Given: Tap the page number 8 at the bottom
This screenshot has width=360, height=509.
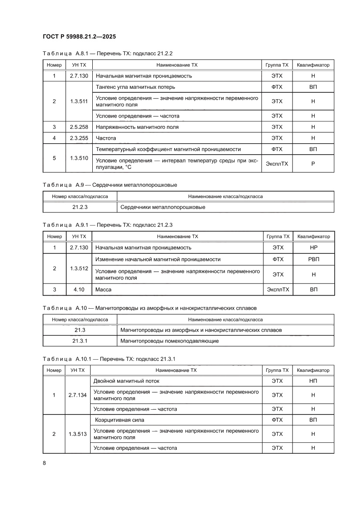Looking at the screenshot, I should [x=44, y=463].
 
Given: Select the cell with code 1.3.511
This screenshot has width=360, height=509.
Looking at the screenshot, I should [x=78, y=101].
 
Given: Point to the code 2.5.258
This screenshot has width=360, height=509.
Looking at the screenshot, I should [x=78, y=127].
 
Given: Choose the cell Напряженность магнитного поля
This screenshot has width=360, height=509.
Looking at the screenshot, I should [x=137, y=127].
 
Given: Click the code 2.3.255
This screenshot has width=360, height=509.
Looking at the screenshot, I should [x=78, y=138].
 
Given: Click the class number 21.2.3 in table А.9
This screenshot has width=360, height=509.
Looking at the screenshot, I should [x=80, y=207].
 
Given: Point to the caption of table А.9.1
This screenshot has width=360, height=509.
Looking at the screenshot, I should [x=108, y=225].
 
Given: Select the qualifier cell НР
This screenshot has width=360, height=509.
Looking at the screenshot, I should [x=313, y=248].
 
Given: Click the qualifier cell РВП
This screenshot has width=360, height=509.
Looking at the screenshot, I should [x=313, y=260].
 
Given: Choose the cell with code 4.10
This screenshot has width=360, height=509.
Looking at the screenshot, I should [x=78, y=290].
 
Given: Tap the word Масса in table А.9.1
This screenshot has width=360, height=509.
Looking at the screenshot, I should [x=104, y=290].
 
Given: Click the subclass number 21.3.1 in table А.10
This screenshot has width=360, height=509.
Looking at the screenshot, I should [x=80, y=341].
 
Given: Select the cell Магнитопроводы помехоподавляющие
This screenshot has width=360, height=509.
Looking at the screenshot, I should [x=169, y=341].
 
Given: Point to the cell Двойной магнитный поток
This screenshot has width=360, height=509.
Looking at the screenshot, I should [x=127, y=381].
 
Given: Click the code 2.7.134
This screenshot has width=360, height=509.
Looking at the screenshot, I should [x=77, y=395].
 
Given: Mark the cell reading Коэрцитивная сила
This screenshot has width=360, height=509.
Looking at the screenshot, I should [x=120, y=420].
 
